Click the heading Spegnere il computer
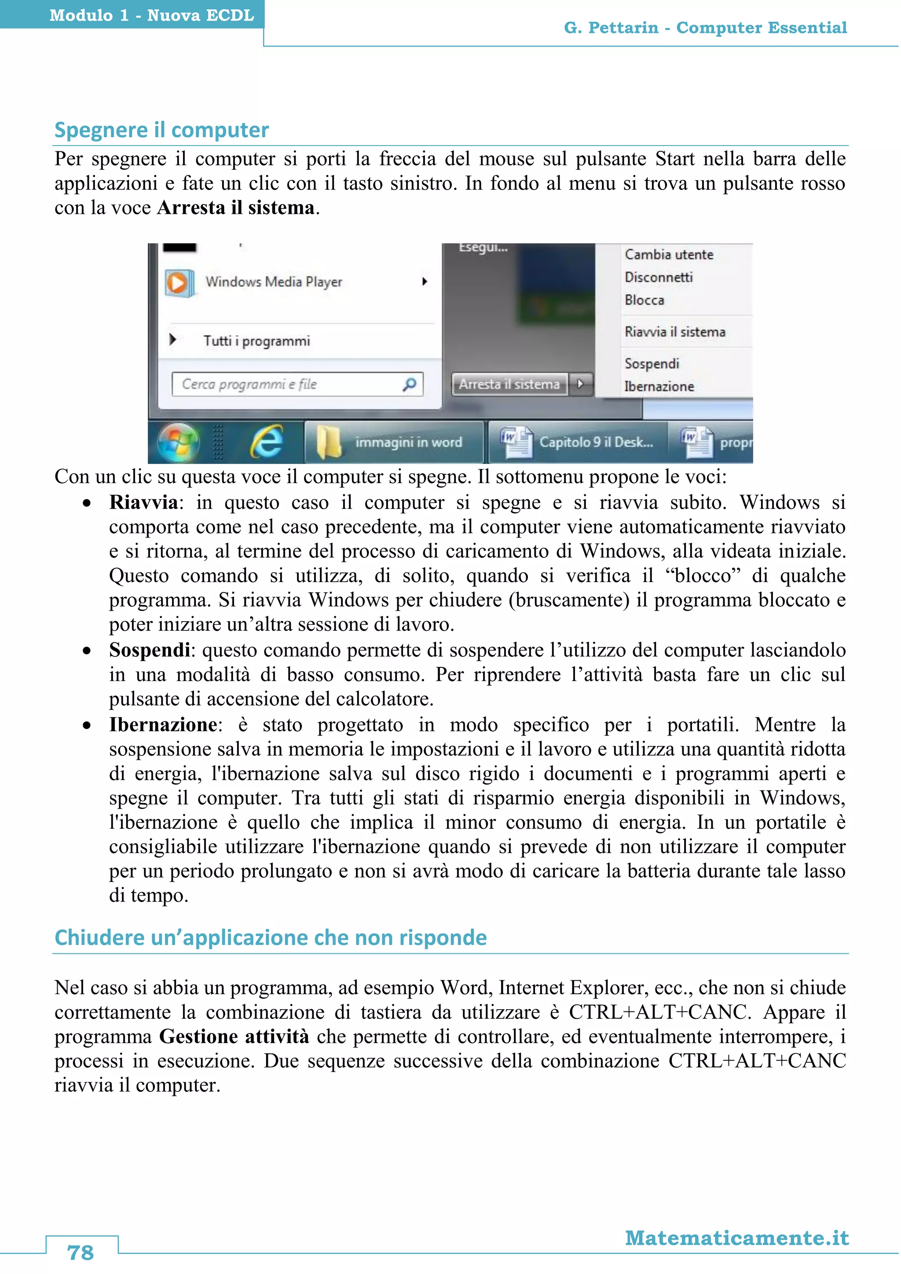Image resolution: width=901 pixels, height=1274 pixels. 161,130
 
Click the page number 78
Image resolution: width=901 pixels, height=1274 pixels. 81,1252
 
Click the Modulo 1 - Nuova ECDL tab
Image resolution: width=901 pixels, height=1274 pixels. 151,15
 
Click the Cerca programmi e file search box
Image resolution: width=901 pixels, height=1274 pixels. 297,384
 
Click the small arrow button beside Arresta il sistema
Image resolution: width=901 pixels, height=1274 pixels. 580,384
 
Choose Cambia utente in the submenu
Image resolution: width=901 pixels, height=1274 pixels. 669,255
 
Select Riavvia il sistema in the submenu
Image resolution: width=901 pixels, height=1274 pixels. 674,332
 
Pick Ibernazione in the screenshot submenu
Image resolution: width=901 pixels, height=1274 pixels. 659,386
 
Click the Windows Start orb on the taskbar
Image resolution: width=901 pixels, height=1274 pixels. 178,442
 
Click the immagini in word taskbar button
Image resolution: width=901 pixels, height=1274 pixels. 394,442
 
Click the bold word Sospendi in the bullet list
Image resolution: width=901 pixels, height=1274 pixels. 149,650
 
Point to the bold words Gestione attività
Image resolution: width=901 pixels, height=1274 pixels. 234,1036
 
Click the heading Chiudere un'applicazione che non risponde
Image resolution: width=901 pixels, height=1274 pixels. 270,938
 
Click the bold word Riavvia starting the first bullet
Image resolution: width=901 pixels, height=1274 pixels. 143,502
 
